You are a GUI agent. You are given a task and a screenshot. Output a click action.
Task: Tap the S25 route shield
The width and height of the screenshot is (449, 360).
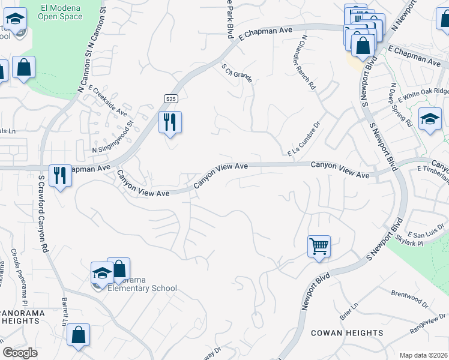[171, 97]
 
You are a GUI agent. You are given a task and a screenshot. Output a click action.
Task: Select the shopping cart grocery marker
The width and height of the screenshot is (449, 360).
[319, 245]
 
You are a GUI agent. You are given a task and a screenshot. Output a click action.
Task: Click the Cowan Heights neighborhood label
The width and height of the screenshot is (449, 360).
[347, 333]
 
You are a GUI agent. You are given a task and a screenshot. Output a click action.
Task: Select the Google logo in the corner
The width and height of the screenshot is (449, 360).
[20, 353]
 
